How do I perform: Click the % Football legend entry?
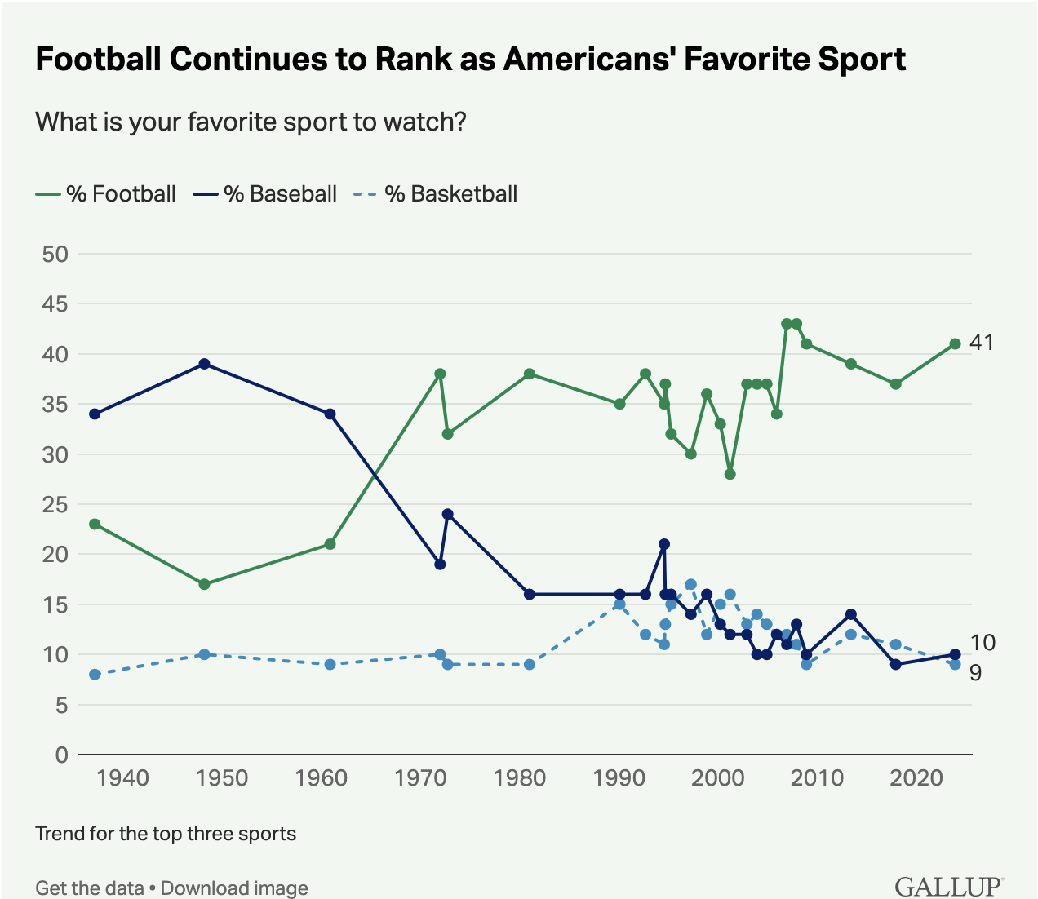[106, 194]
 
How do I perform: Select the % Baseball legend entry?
[265, 194]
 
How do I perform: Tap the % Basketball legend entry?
[436, 194]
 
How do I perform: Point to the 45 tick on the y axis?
[55, 304]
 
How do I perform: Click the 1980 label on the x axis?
[520, 777]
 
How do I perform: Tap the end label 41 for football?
[982, 343]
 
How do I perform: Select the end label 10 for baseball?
[983, 643]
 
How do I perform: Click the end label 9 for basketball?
[975, 673]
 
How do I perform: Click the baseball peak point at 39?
[205, 364]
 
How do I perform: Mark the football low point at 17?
[204, 584]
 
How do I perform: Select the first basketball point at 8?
[95, 675]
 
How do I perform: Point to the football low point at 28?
[730, 474]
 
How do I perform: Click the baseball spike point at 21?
[664, 544]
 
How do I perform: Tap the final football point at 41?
[955, 343]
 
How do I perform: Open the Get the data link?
[89, 888]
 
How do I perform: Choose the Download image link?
[234, 888]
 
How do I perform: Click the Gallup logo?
[948, 886]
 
